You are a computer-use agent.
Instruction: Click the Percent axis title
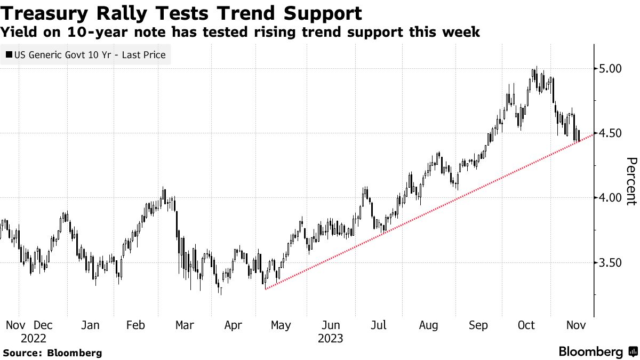[x=631, y=181]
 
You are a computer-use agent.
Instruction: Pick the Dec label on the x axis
[x=44, y=325]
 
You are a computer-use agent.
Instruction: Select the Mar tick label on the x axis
[x=185, y=325]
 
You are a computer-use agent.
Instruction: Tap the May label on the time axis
[x=281, y=325]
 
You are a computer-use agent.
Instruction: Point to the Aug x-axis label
[x=428, y=325]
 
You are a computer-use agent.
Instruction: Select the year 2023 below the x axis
[x=331, y=338]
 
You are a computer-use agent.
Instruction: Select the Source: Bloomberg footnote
[x=52, y=353]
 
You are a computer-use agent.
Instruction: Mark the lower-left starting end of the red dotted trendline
[x=265, y=289]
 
